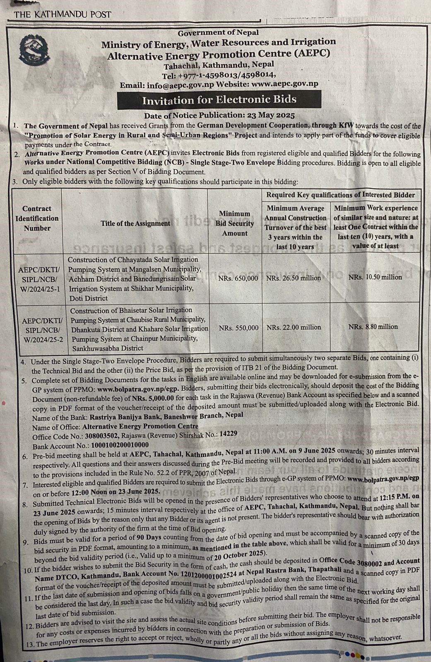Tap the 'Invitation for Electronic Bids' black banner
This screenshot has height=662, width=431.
point(219,100)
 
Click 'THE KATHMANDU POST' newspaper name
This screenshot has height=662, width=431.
point(63,14)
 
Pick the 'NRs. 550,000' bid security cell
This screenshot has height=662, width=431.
point(238,328)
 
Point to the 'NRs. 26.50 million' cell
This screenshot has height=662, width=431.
point(294,278)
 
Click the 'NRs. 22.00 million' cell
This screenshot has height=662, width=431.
point(294,327)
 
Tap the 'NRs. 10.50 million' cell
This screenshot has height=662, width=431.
point(375,277)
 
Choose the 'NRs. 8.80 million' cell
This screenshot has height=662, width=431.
point(373,327)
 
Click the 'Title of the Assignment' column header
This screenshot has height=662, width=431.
point(135,223)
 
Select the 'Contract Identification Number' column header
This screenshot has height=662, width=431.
point(37,218)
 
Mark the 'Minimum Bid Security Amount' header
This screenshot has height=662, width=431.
point(235,223)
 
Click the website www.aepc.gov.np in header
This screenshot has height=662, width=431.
point(284,84)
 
